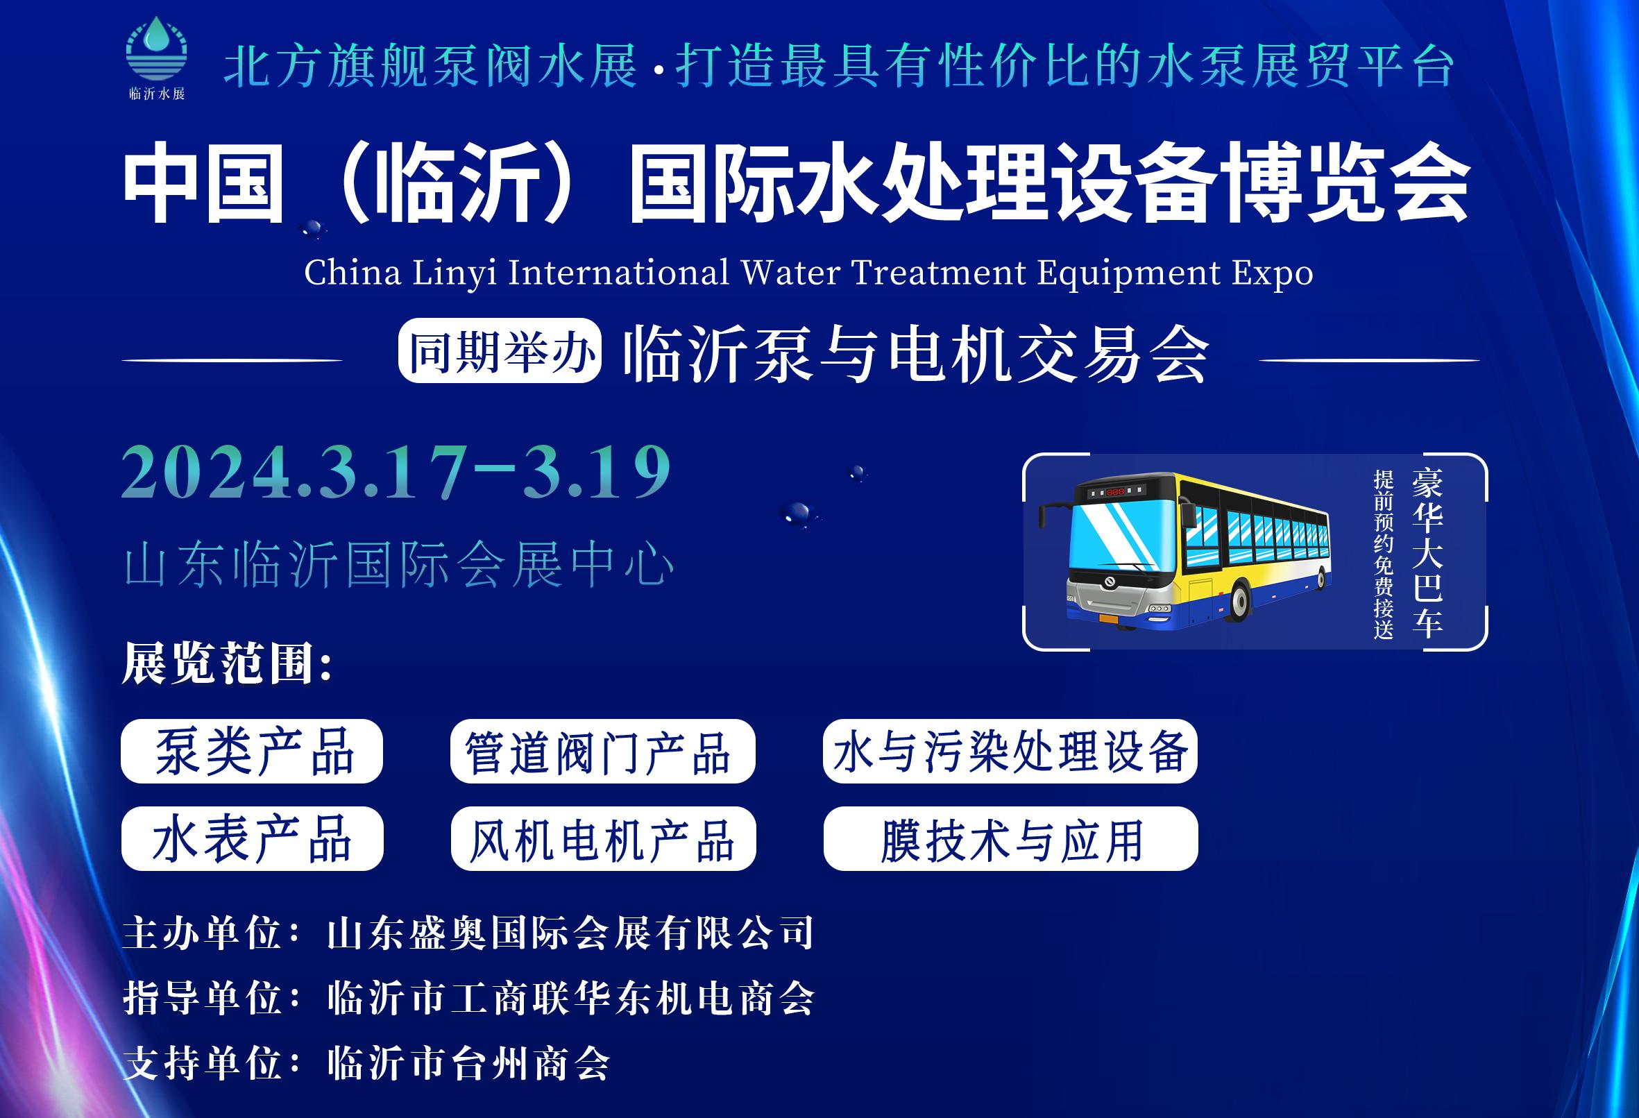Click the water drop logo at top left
(x=157, y=49)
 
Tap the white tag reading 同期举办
(x=500, y=350)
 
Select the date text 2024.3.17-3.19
(x=396, y=473)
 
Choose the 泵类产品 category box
(x=252, y=750)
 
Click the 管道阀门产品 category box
(x=603, y=750)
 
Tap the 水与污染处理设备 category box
(x=1010, y=750)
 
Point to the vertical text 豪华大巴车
(x=1427, y=552)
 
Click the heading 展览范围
(x=227, y=663)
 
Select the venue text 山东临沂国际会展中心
(x=399, y=564)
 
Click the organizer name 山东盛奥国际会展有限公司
(x=570, y=933)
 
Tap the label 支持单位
(x=203, y=1064)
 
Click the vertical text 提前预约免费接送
(x=1383, y=554)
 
